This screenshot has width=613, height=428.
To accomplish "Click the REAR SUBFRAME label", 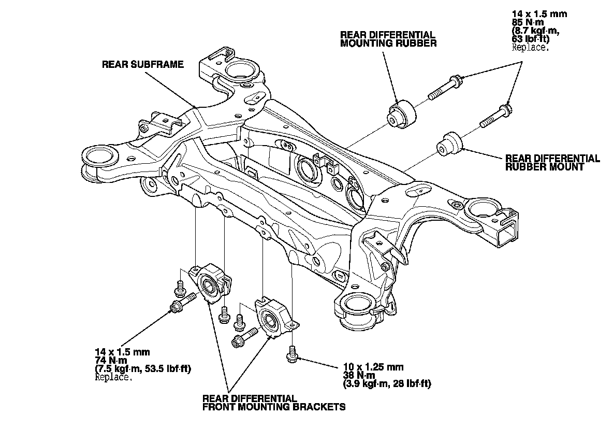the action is click(x=143, y=64).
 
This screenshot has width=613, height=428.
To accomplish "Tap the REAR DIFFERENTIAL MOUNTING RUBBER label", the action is click(x=388, y=39).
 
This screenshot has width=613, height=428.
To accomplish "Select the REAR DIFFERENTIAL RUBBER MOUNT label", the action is click(x=552, y=163).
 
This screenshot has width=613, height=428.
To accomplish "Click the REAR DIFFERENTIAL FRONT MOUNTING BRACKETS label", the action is click(x=274, y=403).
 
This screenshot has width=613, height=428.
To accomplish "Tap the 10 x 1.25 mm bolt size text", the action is click(x=373, y=367).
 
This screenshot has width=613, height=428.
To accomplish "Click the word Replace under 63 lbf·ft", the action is click(x=531, y=48).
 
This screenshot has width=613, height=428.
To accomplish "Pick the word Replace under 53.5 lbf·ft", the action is click(x=113, y=378).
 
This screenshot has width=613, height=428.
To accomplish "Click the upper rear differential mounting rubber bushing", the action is click(x=401, y=113).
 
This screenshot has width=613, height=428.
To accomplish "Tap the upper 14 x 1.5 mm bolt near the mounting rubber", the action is click(x=446, y=88).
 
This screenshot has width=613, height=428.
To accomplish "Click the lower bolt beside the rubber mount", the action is click(x=495, y=116).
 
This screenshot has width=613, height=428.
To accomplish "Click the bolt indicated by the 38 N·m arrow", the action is click(x=292, y=354).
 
